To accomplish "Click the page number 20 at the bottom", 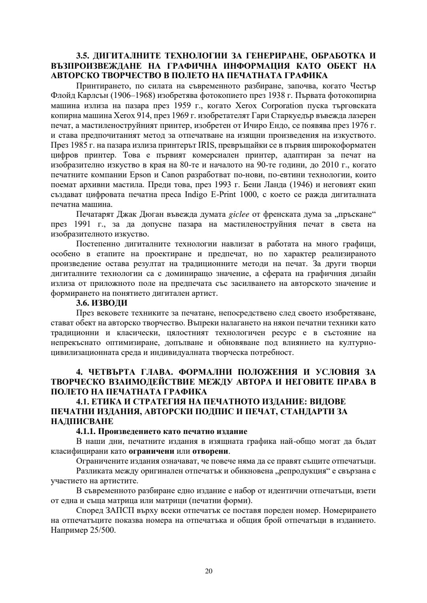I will (209, 571).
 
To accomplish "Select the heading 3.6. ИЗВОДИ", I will (102, 303).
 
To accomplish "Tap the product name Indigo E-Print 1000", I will (217, 194).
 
